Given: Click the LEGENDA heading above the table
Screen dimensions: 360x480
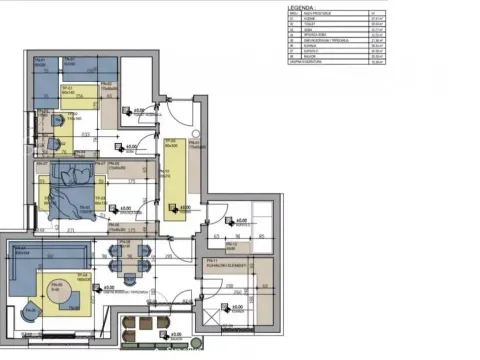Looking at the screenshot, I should [x=300, y=5].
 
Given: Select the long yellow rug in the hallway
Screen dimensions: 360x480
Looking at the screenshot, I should [x=176, y=174].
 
